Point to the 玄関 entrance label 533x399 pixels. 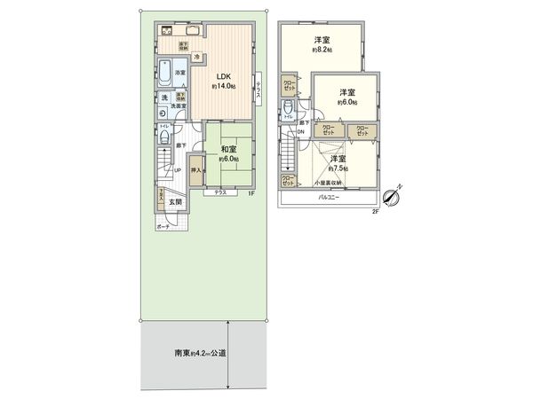coord(176,202)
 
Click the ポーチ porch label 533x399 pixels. coord(163,227)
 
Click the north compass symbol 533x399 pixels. coord(391,195)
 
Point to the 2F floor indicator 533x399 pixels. coord(375,211)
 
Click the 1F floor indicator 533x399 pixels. coord(251,192)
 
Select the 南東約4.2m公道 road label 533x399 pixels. coord(200,353)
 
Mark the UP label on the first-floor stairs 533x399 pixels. coord(178,170)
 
